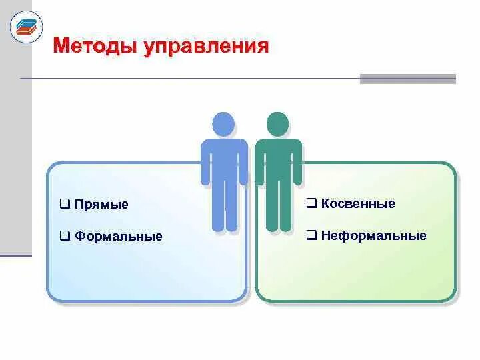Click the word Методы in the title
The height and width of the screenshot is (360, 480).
point(94,46)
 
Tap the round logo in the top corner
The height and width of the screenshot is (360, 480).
point(26,27)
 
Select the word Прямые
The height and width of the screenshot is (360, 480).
point(101,205)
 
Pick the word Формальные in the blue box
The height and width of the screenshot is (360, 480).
point(119,236)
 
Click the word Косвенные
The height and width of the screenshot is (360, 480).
point(358,203)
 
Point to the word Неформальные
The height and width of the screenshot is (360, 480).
point(373,235)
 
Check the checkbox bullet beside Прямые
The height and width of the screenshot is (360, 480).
point(65,204)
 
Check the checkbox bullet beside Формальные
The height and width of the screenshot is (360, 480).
point(65,235)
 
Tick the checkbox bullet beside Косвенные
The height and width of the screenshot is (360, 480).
point(311,203)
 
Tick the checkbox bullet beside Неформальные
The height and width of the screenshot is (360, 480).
point(311,235)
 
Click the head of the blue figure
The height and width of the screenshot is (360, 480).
point(223,125)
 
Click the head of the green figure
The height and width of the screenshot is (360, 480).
point(277,125)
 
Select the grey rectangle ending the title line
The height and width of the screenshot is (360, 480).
point(407,79)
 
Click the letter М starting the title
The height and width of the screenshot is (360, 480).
point(61,46)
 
